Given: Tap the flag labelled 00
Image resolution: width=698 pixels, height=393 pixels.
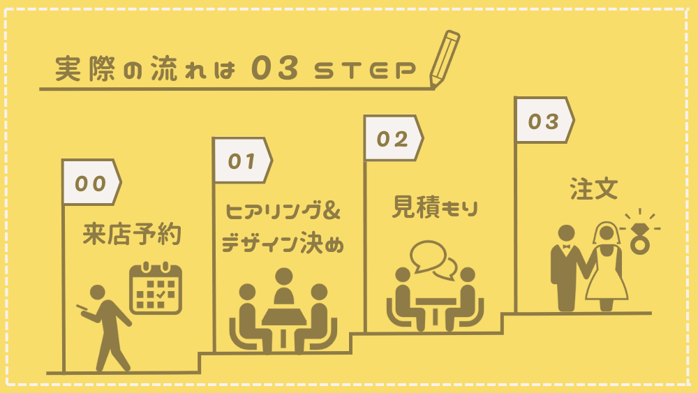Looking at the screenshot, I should (91, 182).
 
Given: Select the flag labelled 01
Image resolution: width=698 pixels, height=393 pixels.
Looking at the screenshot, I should (242, 161).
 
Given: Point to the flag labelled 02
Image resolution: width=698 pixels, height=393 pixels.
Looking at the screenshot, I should (392, 138).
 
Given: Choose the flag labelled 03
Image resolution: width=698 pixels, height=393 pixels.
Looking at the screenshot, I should (543, 121).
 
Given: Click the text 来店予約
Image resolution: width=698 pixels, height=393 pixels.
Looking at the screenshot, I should (132, 235).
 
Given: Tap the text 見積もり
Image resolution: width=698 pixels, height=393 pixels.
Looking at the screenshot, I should (436, 207).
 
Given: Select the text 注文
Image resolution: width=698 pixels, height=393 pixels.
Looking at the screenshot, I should (594, 189).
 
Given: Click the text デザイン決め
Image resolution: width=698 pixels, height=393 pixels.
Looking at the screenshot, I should (282, 244).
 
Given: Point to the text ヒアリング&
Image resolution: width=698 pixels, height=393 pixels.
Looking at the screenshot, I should (283, 209).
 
